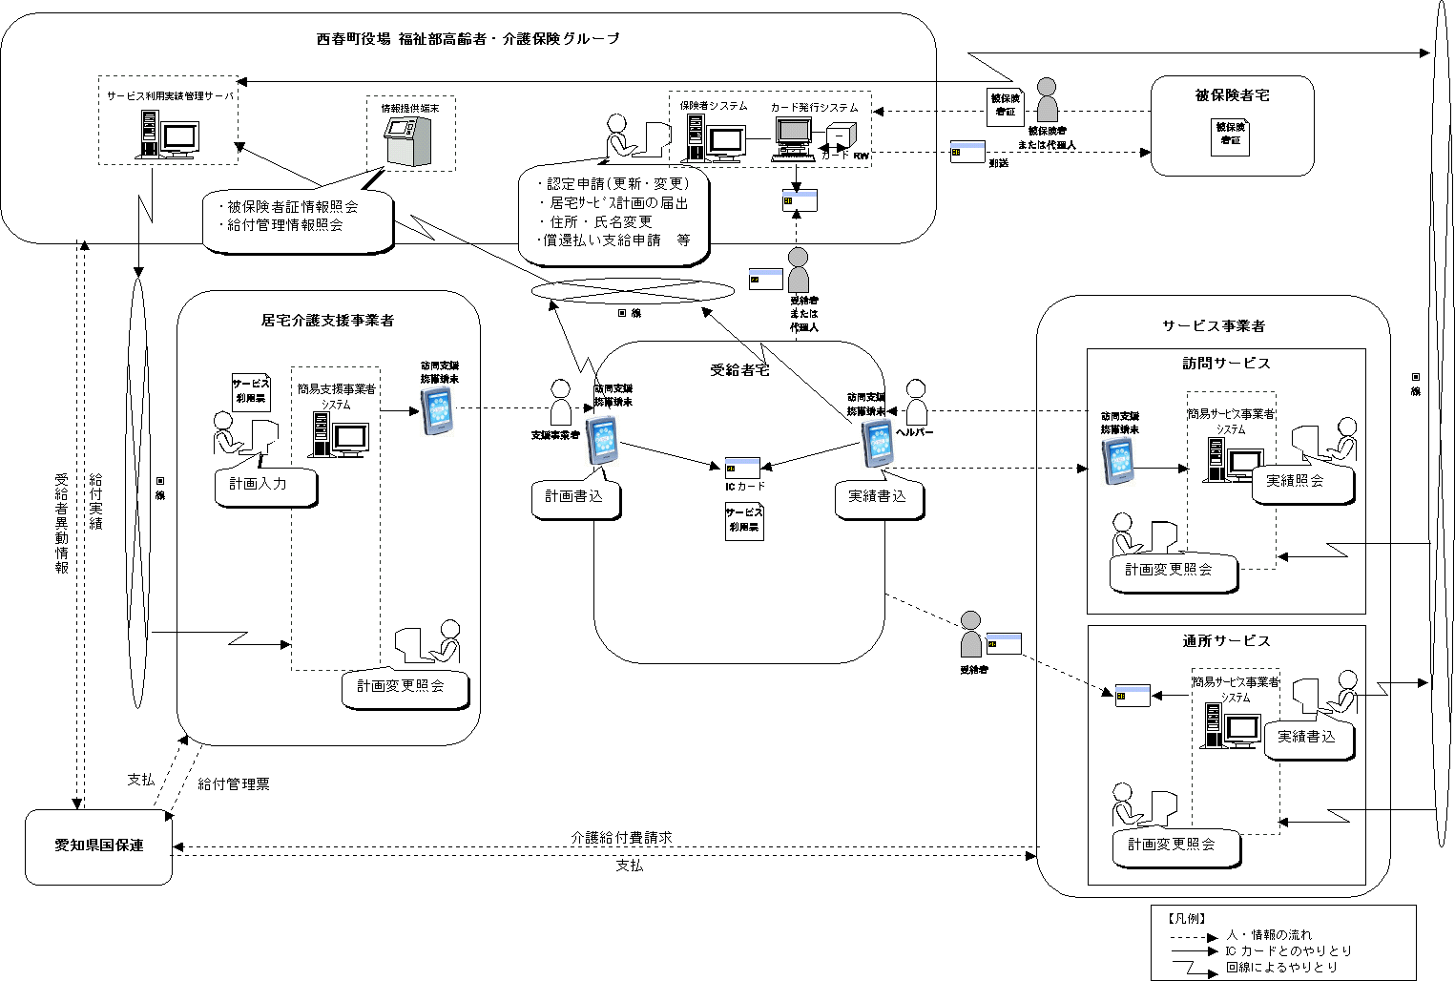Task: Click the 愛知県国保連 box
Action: click(98, 846)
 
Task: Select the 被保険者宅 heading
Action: click(1232, 95)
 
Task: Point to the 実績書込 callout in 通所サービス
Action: click(1306, 737)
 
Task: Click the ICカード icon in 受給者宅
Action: click(742, 468)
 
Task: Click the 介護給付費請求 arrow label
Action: click(621, 837)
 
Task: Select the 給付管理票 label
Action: click(234, 784)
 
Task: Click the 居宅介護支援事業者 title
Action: click(327, 321)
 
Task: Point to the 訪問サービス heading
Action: click(1226, 364)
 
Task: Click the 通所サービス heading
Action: click(1226, 641)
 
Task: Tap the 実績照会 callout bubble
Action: click(1295, 482)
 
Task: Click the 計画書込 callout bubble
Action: click(574, 497)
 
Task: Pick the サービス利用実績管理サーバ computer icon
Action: click(170, 134)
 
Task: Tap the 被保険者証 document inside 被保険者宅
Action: click(1230, 135)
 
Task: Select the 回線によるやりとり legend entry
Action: click(1281, 967)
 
